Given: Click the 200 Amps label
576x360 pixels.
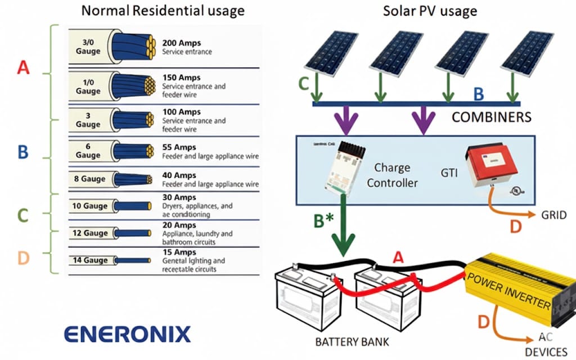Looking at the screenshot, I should pos(181,43).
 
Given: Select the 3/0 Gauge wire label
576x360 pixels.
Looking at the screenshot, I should pos(88,47).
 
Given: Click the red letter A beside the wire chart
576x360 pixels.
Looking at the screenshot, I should pos(23,68).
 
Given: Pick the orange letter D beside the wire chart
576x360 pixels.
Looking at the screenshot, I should pos(23,258).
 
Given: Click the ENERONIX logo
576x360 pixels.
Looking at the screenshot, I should pos(127,334).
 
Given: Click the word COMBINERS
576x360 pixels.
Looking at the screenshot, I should pos(492,118).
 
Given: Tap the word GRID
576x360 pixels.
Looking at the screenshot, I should pos(553,215).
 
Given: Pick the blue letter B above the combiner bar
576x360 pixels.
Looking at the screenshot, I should pos(478,93).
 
